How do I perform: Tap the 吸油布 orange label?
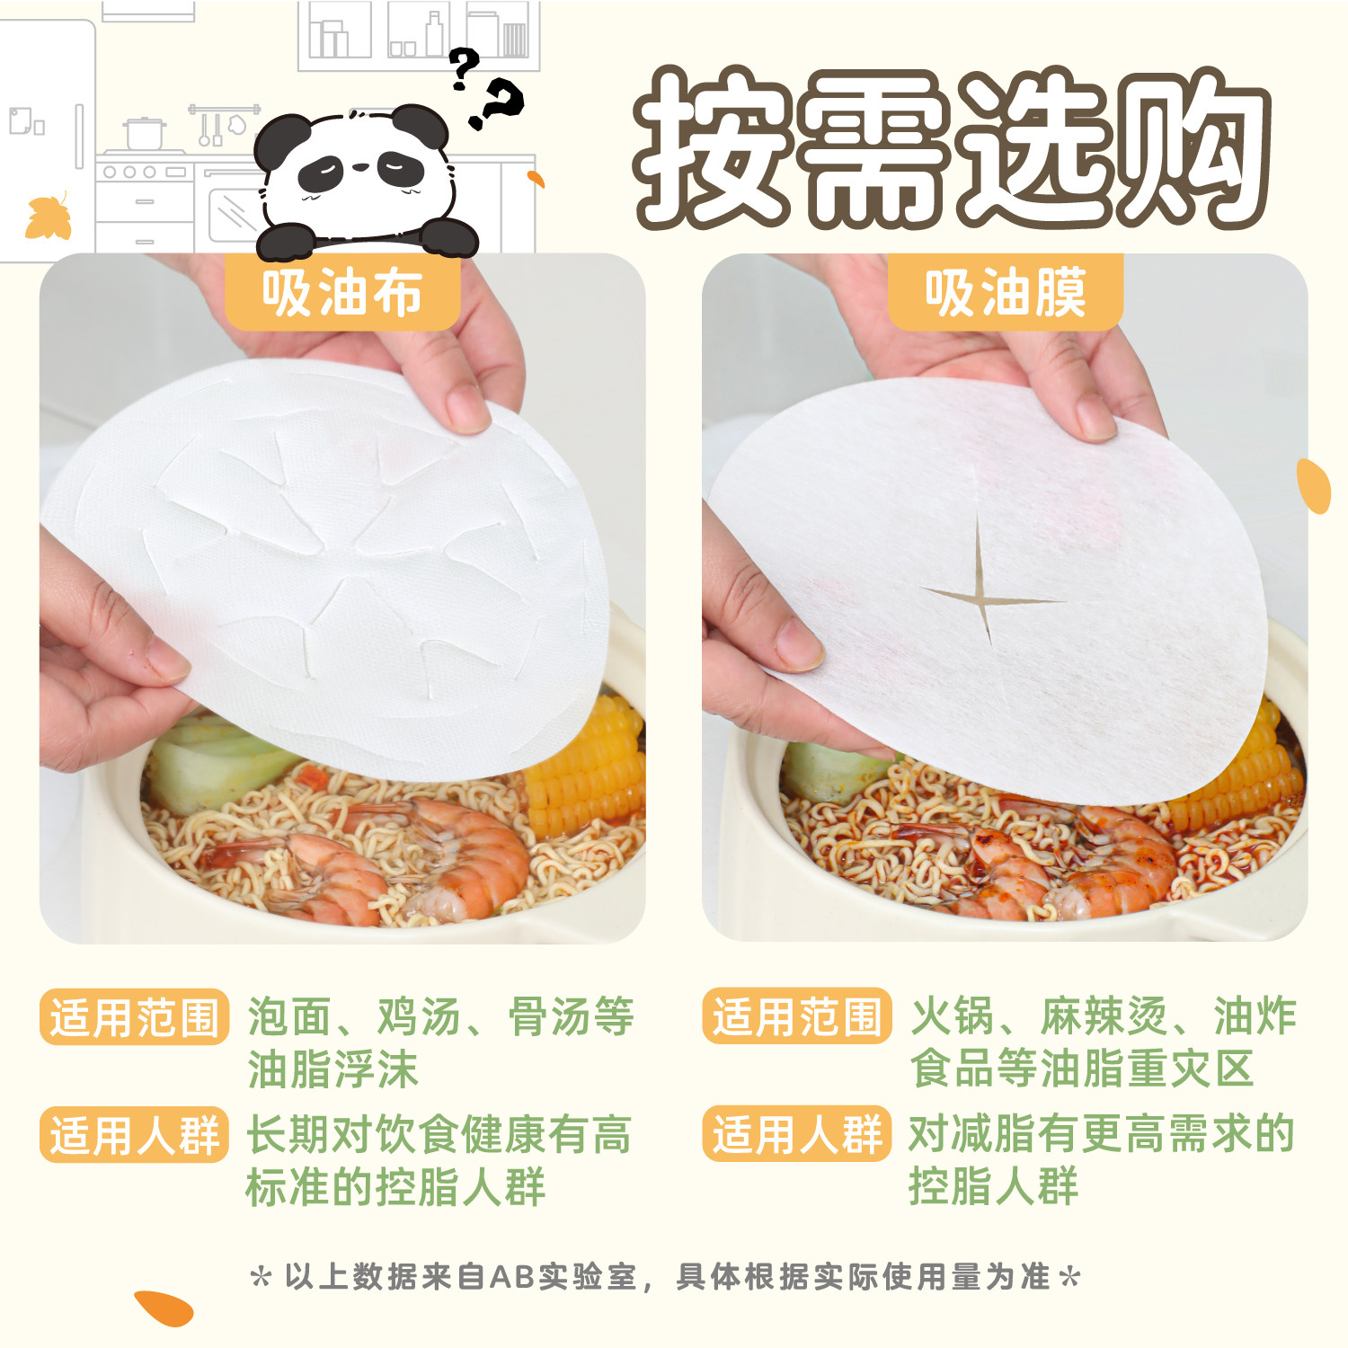[x=342, y=293]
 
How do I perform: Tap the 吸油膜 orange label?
[x=1006, y=293]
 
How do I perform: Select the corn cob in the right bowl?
[x=1258, y=773]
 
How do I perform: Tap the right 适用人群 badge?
[x=796, y=1134]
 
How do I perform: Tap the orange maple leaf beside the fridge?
[x=49, y=217]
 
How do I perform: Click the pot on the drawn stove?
[x=144, y=133]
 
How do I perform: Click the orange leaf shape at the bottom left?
[x=164, y=1308]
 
